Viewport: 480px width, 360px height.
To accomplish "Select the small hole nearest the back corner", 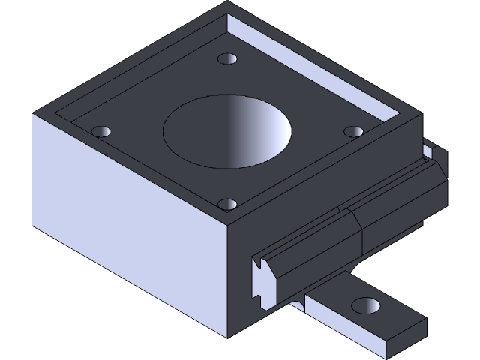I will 226,58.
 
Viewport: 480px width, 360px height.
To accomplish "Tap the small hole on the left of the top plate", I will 100,131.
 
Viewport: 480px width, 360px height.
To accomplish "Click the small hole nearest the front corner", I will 227,203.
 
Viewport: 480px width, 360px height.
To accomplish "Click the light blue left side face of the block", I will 127,202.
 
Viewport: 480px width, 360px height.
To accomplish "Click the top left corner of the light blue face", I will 34,115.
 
